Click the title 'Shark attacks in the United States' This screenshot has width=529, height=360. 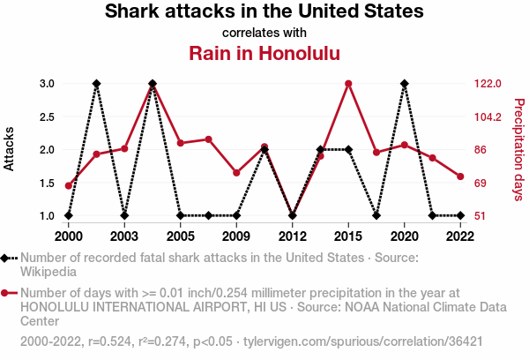click(264, 12)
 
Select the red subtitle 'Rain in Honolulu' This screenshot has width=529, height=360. click(264, 53)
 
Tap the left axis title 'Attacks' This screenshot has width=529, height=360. click(10, 149)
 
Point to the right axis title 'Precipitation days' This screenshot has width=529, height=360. click(518, 149)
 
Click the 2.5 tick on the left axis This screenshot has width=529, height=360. click(47, 116)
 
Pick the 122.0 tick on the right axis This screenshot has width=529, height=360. click(487, 84)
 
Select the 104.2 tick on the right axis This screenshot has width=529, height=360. click(487, 116)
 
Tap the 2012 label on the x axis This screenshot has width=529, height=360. click(293, 236)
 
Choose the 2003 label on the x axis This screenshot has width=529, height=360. click(124, 236)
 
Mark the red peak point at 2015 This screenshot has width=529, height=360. click(348, 84)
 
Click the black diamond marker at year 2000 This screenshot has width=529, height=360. click(68, 215)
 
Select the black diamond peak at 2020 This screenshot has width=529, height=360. click(404, 84)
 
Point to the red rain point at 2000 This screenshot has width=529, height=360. click(68, 185)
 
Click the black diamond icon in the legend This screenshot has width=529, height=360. click(8, 258)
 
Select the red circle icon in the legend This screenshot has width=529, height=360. click(8, 293)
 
